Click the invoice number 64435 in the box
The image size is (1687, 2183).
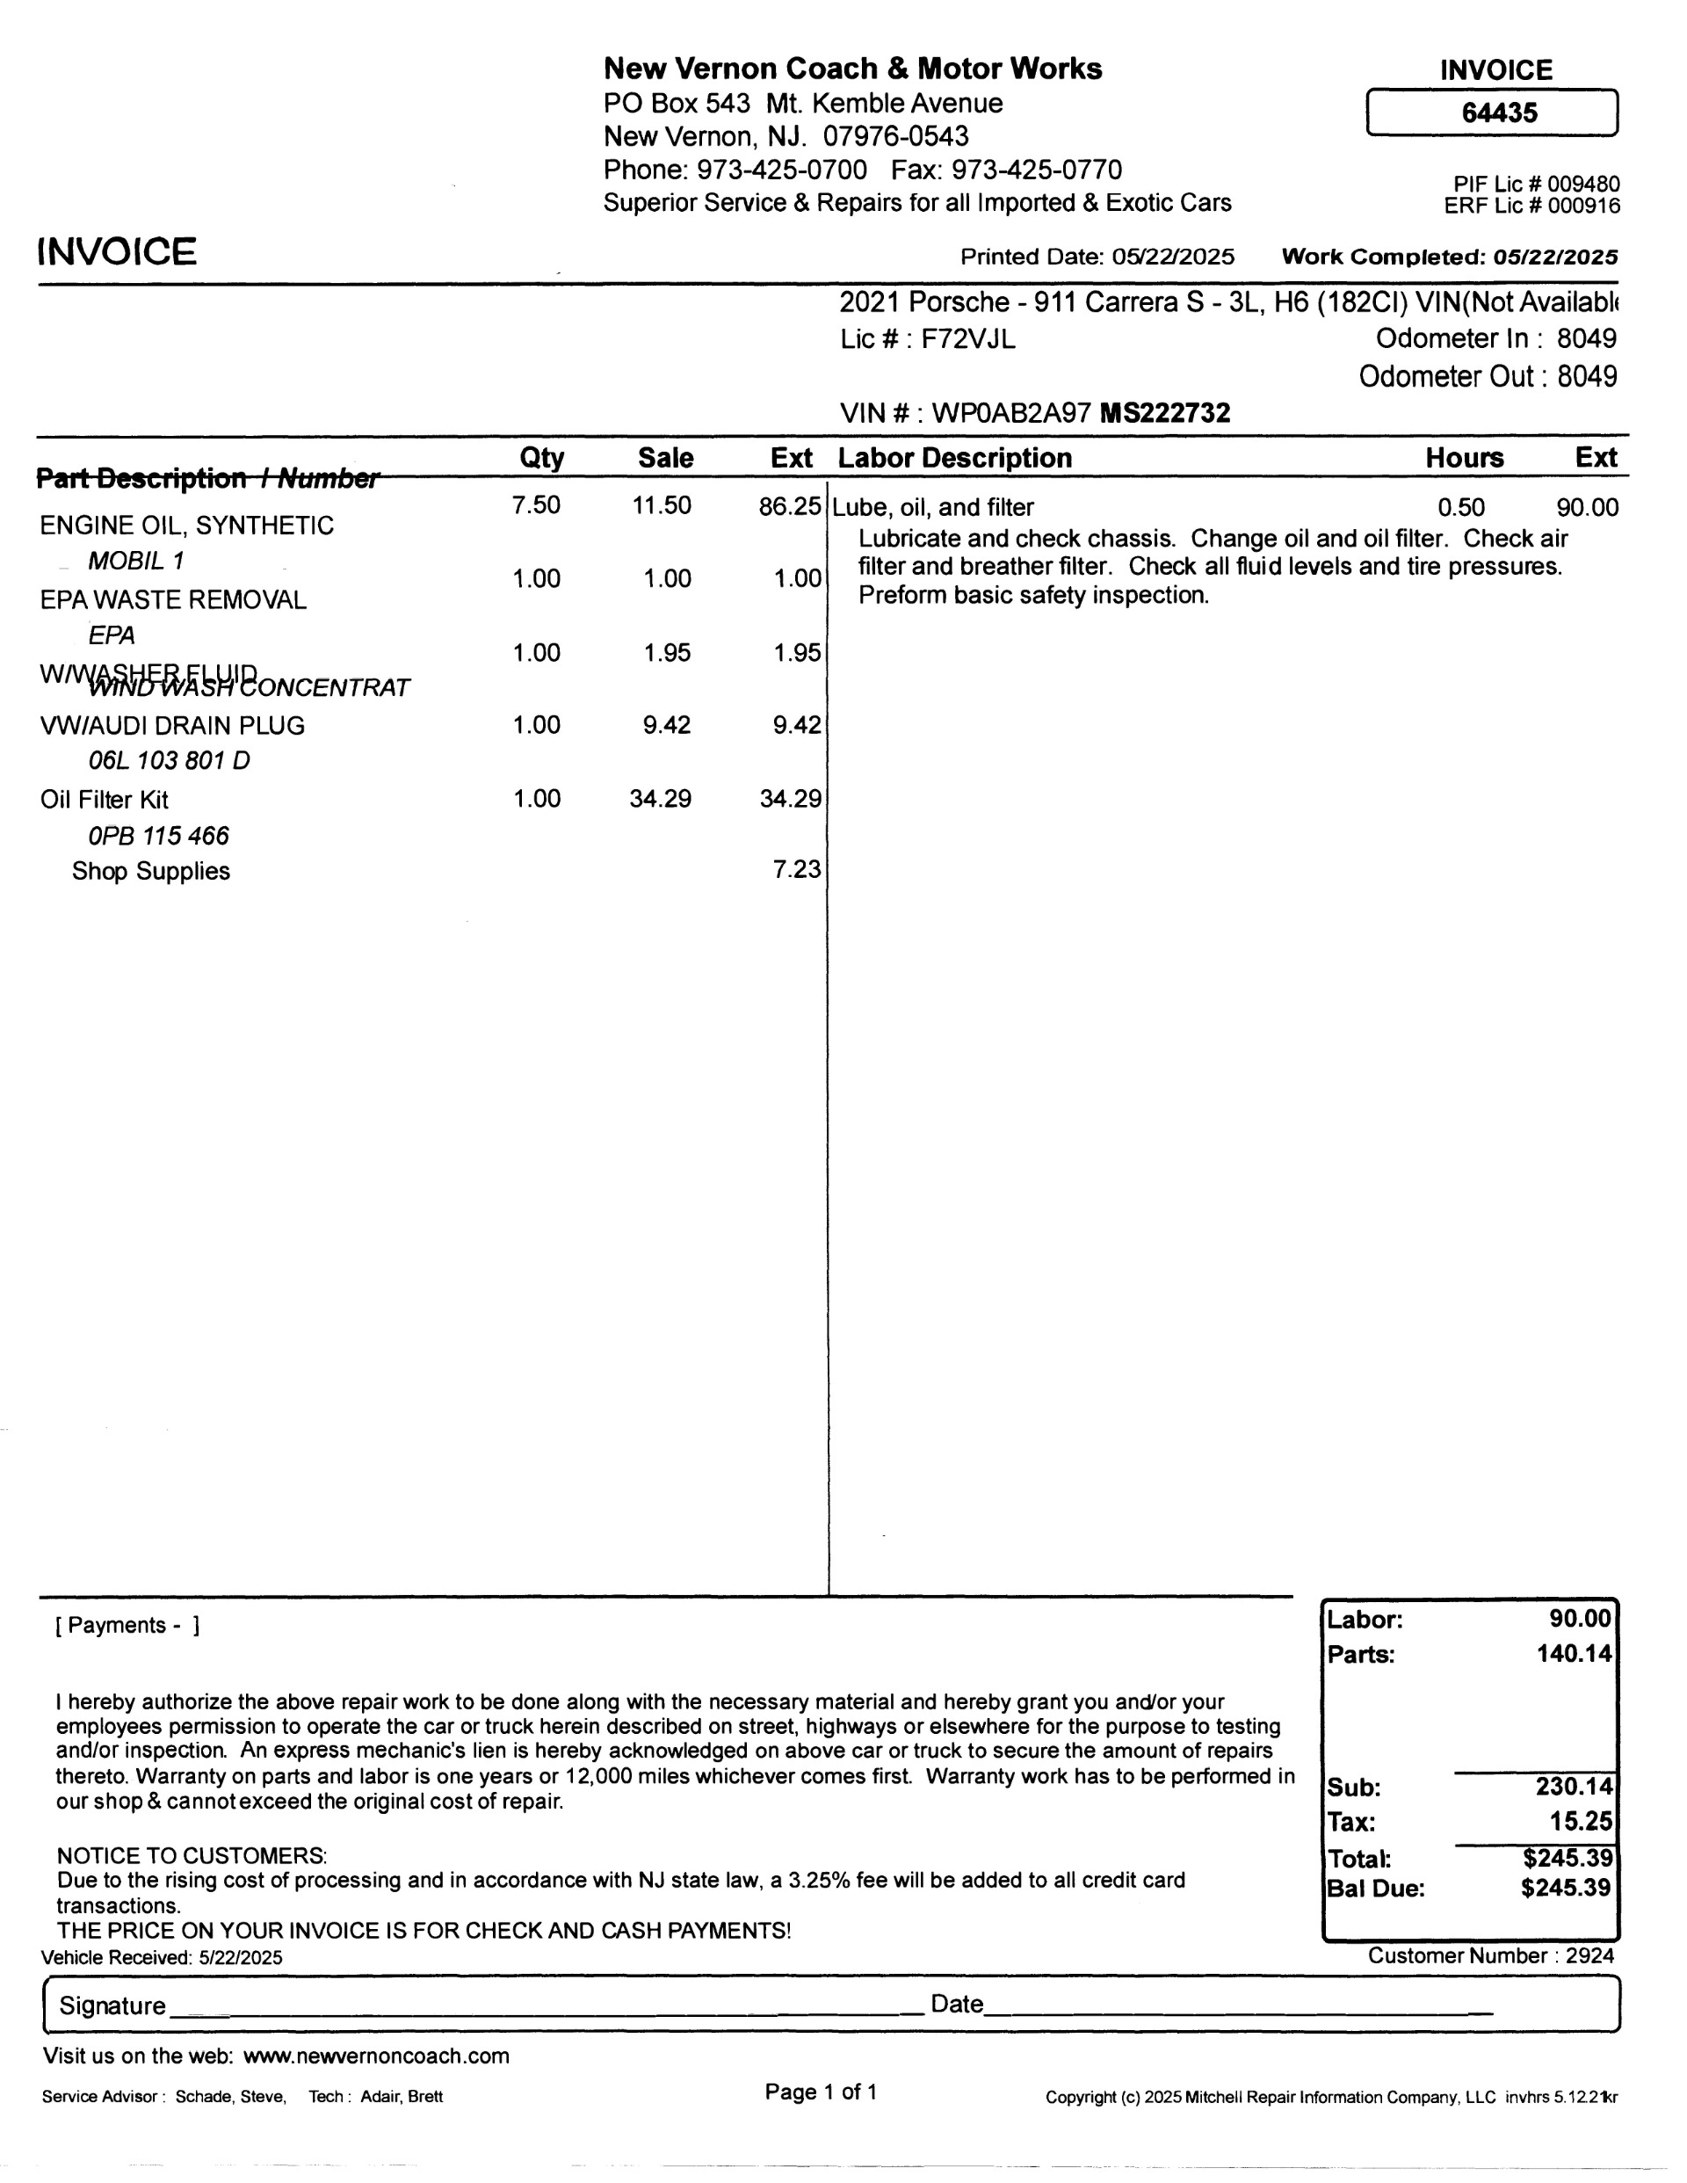pyautogui.click(x=1499, y=113)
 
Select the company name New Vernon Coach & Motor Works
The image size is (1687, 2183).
pyautogui.click(x=852, y=69)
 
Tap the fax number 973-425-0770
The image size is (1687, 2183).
pyautogui.click(x=1037, y=170)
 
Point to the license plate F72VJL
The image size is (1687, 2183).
pyautogui.click(x=967, y=340)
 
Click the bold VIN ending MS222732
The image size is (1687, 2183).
pyautogui.click(x=1164, y=414)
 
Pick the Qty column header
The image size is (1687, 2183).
pyautogui.click(x=541, y=458)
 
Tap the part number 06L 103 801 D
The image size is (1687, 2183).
pyautogui.click(x=169, y=762)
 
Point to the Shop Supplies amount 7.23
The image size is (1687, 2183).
pyautogui.click(x=797, y=870)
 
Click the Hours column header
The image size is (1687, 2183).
pyautogui.click(x=1464, y=458)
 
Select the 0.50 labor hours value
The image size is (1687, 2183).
pyautogui.click(x=1460, y=508)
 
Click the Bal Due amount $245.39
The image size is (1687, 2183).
pyautogui.click(x=1565, y=1888)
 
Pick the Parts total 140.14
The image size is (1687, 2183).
pyautogui.click(x=1574, y=1654)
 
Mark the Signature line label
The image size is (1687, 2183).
pyautogui.click(x=112, y=2006)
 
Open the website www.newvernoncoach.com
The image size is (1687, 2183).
pyautogui.click(x=376, y=2056)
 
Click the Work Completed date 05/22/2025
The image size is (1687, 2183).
pyautogui.click(x=1555, y=257)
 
